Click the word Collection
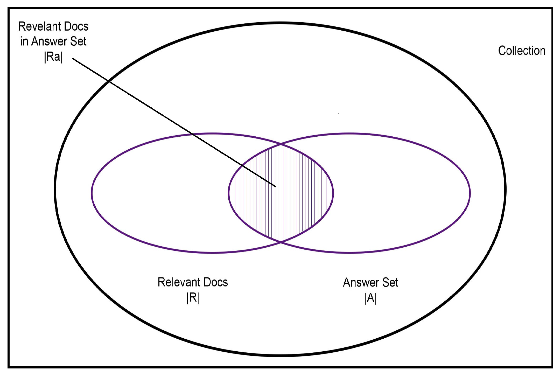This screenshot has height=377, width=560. (522, 51)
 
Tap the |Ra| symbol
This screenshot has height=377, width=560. (53, 57)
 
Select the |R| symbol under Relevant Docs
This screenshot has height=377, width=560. (193, 298)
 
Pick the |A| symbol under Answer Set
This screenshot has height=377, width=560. (370, 298)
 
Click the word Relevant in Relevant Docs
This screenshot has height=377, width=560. (179, 282)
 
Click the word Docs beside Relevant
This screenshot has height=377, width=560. (216, 282)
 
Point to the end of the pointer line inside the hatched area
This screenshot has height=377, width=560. (276, 187)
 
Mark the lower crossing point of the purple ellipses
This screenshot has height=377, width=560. (281, 242)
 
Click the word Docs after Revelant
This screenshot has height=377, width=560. (76, 26)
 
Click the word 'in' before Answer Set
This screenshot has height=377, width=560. (24, 41)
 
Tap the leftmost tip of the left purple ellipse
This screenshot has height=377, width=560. (92, 193)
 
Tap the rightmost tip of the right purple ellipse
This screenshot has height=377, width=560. (470, 193)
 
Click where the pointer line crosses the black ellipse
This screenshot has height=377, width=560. (109, 81)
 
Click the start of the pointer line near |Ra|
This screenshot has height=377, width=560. (73, 59)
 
